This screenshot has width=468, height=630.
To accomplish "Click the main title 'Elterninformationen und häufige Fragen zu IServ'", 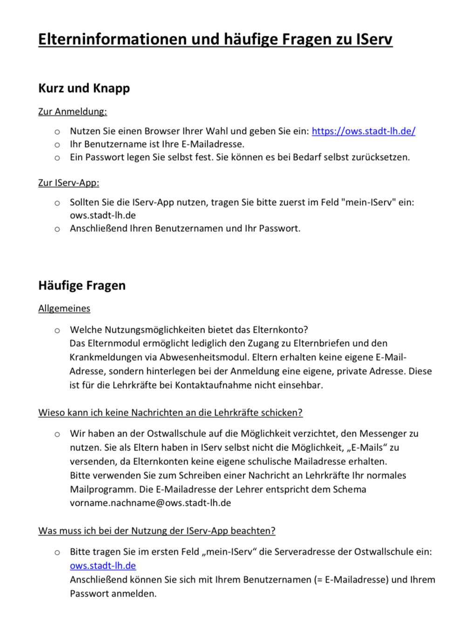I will [215, 39].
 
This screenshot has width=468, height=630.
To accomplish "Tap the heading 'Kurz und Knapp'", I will [84, 88].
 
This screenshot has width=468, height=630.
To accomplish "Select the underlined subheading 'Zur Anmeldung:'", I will [72, 112].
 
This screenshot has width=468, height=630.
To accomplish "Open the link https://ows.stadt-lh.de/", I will [363, 131].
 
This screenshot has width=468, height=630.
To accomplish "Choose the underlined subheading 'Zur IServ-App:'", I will [68, 183].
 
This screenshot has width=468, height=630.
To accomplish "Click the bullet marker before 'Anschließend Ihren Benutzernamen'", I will [57, 229].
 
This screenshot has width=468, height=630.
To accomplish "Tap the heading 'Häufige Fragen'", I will [82, 285].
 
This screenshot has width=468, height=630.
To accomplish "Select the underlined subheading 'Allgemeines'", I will [64, 308].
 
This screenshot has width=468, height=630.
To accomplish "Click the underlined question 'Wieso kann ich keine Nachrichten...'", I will [170, 413].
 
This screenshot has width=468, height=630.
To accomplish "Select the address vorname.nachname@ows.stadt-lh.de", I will [150, 503].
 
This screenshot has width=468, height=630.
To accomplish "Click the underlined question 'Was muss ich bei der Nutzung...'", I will [157, 531].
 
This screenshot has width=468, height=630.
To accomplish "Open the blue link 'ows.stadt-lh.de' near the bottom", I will [103, 566].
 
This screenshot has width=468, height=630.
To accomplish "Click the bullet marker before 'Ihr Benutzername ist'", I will [57, 145].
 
